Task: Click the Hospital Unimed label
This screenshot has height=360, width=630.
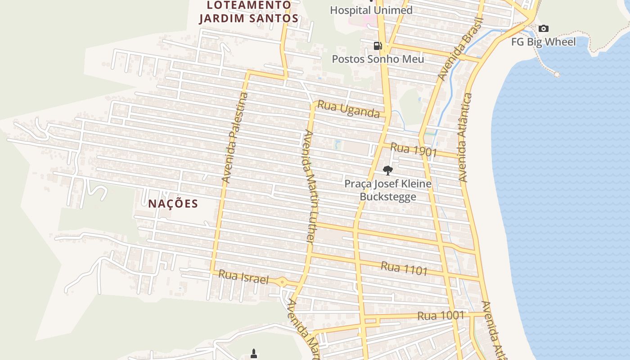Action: click(x=371, y=10)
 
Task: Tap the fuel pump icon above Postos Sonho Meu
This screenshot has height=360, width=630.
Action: click(x=378, y=45)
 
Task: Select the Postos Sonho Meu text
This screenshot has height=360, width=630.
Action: click(x=378, y=59)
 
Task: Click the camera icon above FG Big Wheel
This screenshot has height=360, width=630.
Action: click(x=544, y=29)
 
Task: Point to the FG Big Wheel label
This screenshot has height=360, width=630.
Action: click(x=543, y=42)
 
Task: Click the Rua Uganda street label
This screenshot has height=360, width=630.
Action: click(x=348, y=109)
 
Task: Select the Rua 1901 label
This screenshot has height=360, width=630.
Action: click(x=414, y=149)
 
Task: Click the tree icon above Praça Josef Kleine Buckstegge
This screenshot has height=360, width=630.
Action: click(x=387, y=170)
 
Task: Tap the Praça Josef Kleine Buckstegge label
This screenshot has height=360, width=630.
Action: click(x=388, y=190)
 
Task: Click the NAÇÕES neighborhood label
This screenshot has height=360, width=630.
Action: click(x=173, y=203)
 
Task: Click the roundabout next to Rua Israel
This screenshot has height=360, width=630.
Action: click(x=282, y=282)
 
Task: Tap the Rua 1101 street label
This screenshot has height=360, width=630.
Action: click(x=404, y=268)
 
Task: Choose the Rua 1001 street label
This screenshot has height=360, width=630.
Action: click(x=440, y=316)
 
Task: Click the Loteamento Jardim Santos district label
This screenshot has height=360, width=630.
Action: click(x=249, y=12)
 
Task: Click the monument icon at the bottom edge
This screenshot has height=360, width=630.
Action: click(x=254, y=354)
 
